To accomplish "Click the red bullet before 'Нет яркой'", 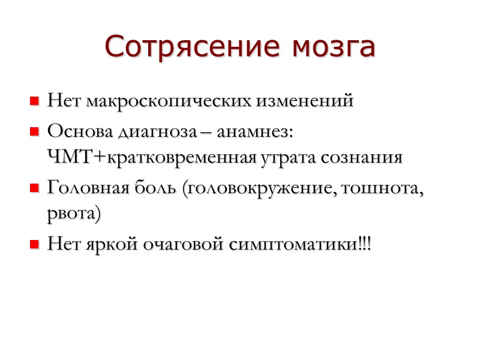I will coord(34,245).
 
